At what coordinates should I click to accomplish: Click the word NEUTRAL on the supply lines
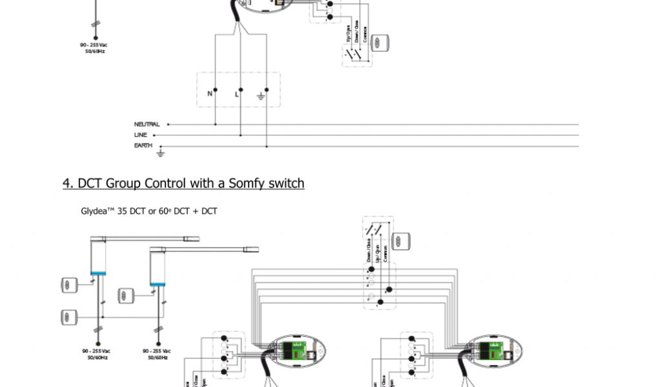(147, 124)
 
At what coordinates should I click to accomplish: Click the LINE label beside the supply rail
(141, 135)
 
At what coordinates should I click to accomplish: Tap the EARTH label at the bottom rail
(143, 146)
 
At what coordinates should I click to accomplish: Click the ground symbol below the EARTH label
(161, 154)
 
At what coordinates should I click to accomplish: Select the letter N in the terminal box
(209, 94)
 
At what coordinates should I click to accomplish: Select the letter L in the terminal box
(236, 94)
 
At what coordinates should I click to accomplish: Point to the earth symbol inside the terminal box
(261, 95)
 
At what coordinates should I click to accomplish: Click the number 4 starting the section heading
(66, 184)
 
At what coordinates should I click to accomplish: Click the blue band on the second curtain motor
(158, 283)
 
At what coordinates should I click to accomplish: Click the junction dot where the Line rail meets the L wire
(241, 135)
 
